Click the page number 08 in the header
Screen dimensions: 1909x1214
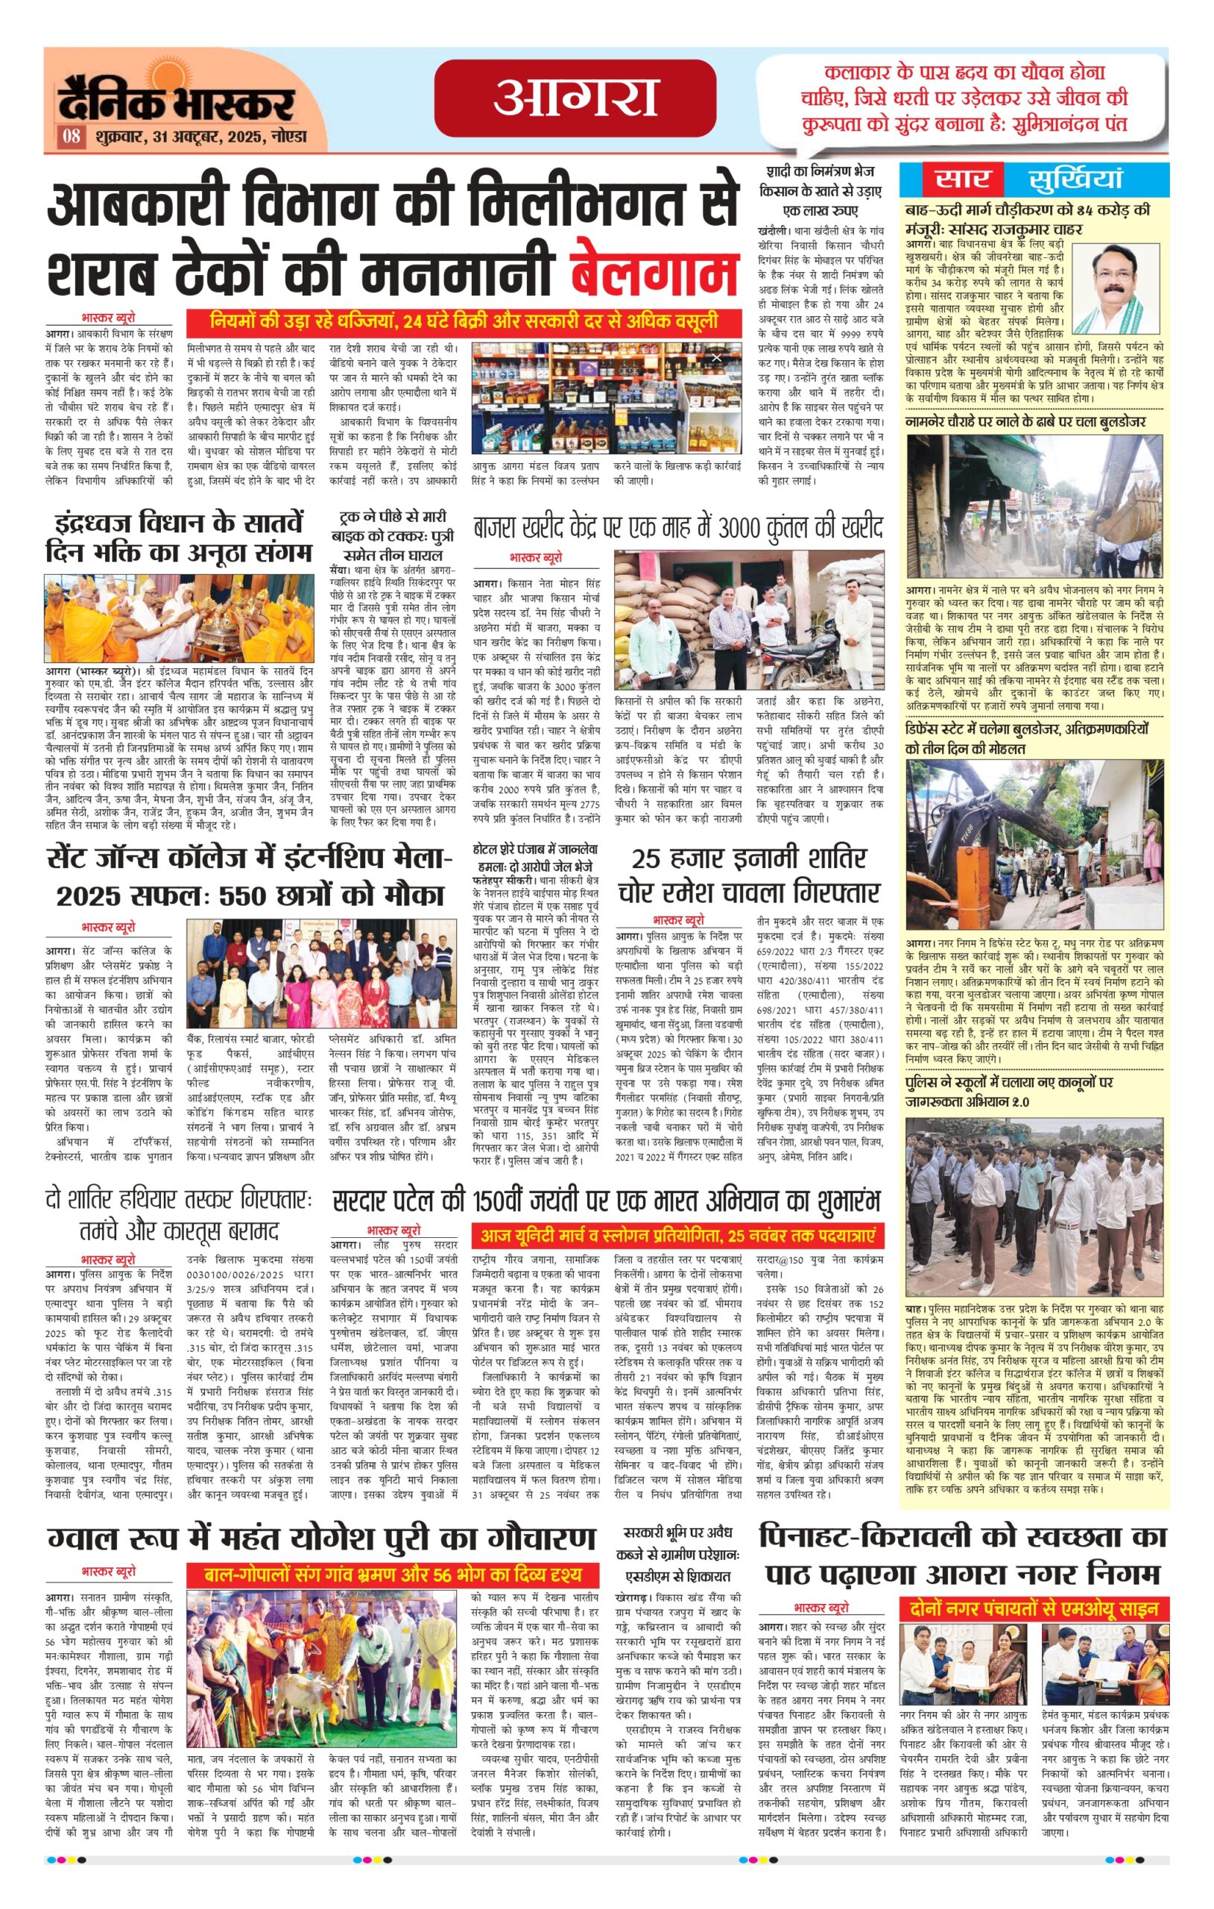pyautogui.click(x=72, y=136)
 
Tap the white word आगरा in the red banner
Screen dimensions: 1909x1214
pyautogui.click(x=575, y=97)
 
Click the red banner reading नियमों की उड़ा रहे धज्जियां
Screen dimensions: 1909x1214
pyautogui.click(x=464, y=322)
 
